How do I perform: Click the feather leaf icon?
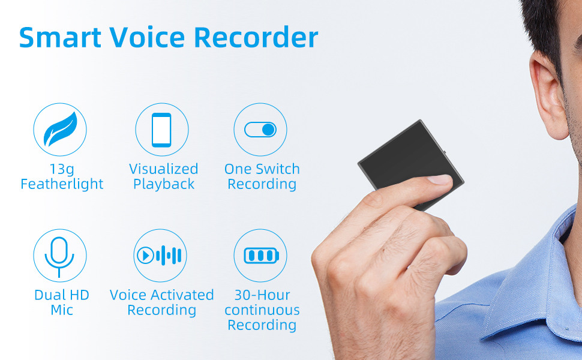point(60,130)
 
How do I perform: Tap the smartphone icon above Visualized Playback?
point(161,130)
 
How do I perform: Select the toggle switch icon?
point(260,130)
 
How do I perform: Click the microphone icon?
point(60,255)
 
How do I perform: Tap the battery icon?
point(260,256)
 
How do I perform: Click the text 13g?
point(62,169)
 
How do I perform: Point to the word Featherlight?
point(62,184)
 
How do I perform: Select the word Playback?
point(164,184)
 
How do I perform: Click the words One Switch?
point(262,169)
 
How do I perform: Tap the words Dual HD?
point(62,295)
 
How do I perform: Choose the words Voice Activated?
point(161,295)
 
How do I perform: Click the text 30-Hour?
point(262,295)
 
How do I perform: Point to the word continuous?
point(262,310)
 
